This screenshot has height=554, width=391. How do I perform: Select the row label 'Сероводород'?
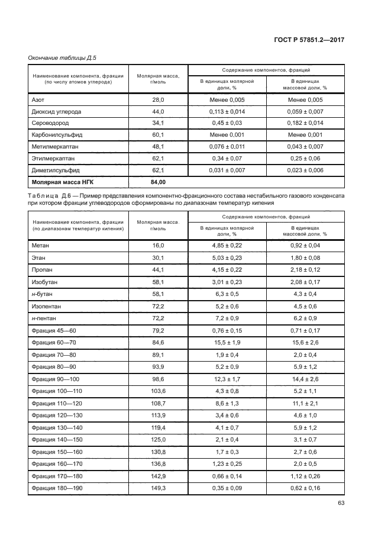(50, 123)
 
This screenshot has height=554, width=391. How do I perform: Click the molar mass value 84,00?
(158, 182)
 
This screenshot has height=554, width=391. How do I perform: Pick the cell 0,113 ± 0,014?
(227, 111)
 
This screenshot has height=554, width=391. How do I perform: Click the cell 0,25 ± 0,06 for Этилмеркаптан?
(305, 158)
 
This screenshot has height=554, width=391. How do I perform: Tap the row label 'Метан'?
(41, 245)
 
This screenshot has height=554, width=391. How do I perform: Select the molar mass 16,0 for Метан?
(158, 245)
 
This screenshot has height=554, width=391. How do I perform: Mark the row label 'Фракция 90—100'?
(54, 378)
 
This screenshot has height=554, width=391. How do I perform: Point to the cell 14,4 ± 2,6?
(305, 378)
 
